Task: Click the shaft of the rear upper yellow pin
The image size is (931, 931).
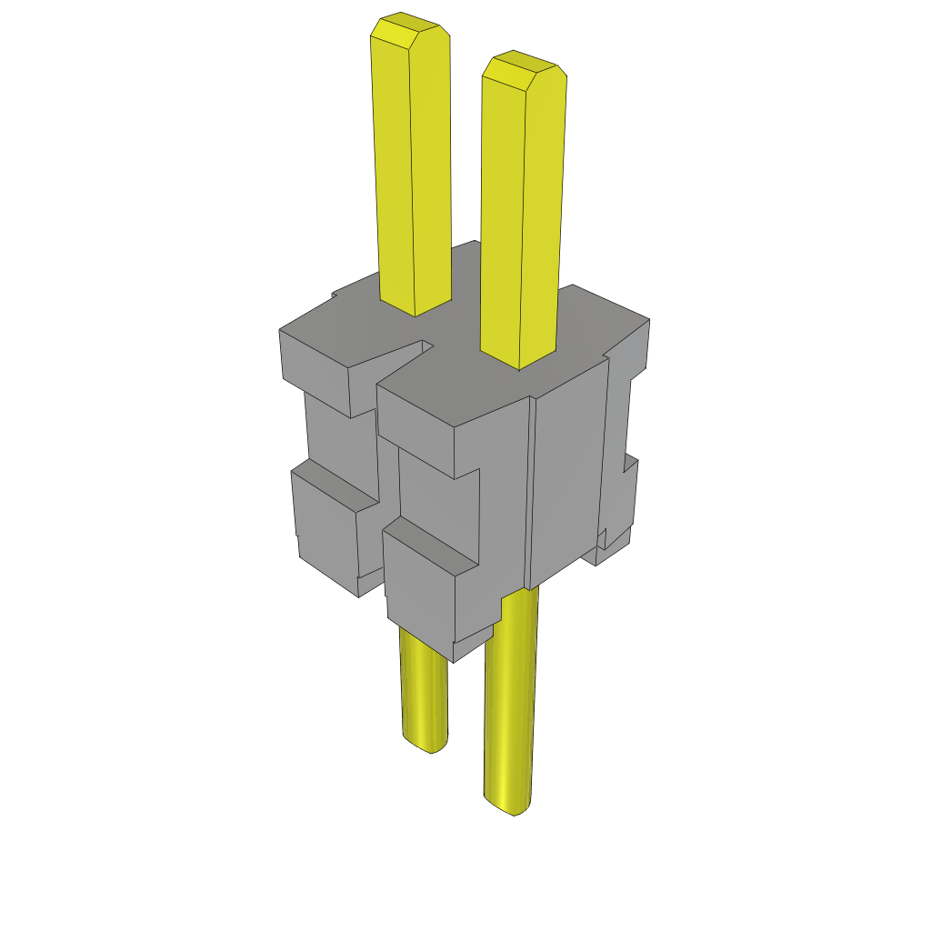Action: coord(413,173)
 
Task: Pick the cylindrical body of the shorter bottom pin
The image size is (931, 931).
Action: coord(424,691)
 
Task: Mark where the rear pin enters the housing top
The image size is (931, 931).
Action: coord(415,309)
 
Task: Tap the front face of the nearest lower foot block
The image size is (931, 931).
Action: coord(418,591)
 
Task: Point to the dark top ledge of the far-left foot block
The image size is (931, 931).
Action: coord(336,482)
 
